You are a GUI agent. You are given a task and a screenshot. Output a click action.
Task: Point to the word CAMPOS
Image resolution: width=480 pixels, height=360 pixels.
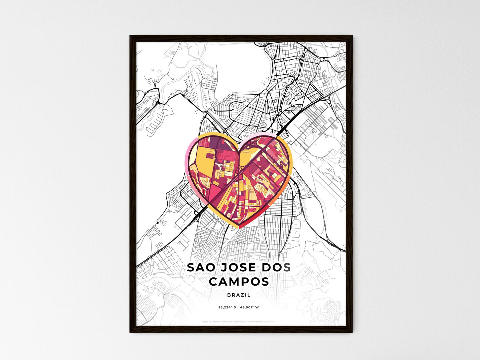pyautogui.click(x=239, y=282)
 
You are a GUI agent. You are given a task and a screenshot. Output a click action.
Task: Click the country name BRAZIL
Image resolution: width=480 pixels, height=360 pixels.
pyautogui.click(x=239, y=295)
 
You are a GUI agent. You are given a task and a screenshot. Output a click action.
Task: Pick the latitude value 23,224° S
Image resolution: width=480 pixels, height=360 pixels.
pyautogui.click(x=227, y=308)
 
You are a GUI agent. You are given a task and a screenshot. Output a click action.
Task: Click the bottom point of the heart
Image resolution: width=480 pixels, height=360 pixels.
pyautogui.click(x=239, y=227)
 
